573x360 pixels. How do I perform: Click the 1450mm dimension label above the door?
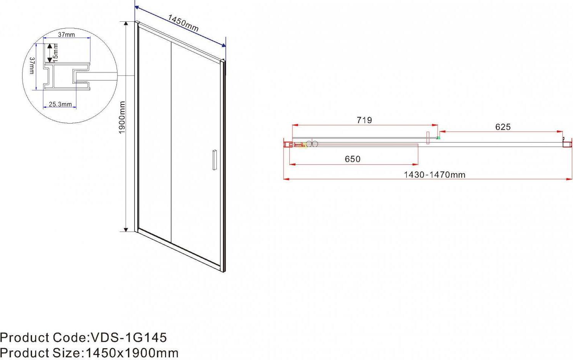183,23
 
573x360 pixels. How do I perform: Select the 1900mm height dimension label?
122,117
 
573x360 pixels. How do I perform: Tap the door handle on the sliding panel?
214,160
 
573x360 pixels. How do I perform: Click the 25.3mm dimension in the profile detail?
60,104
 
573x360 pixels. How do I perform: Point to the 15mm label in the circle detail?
56,53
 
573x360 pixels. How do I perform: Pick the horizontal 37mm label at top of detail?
66,35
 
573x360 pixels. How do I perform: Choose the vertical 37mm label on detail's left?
32,66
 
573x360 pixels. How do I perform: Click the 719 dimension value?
364,120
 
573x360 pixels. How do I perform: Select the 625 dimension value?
503,127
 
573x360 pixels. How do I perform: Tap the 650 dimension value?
353,159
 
